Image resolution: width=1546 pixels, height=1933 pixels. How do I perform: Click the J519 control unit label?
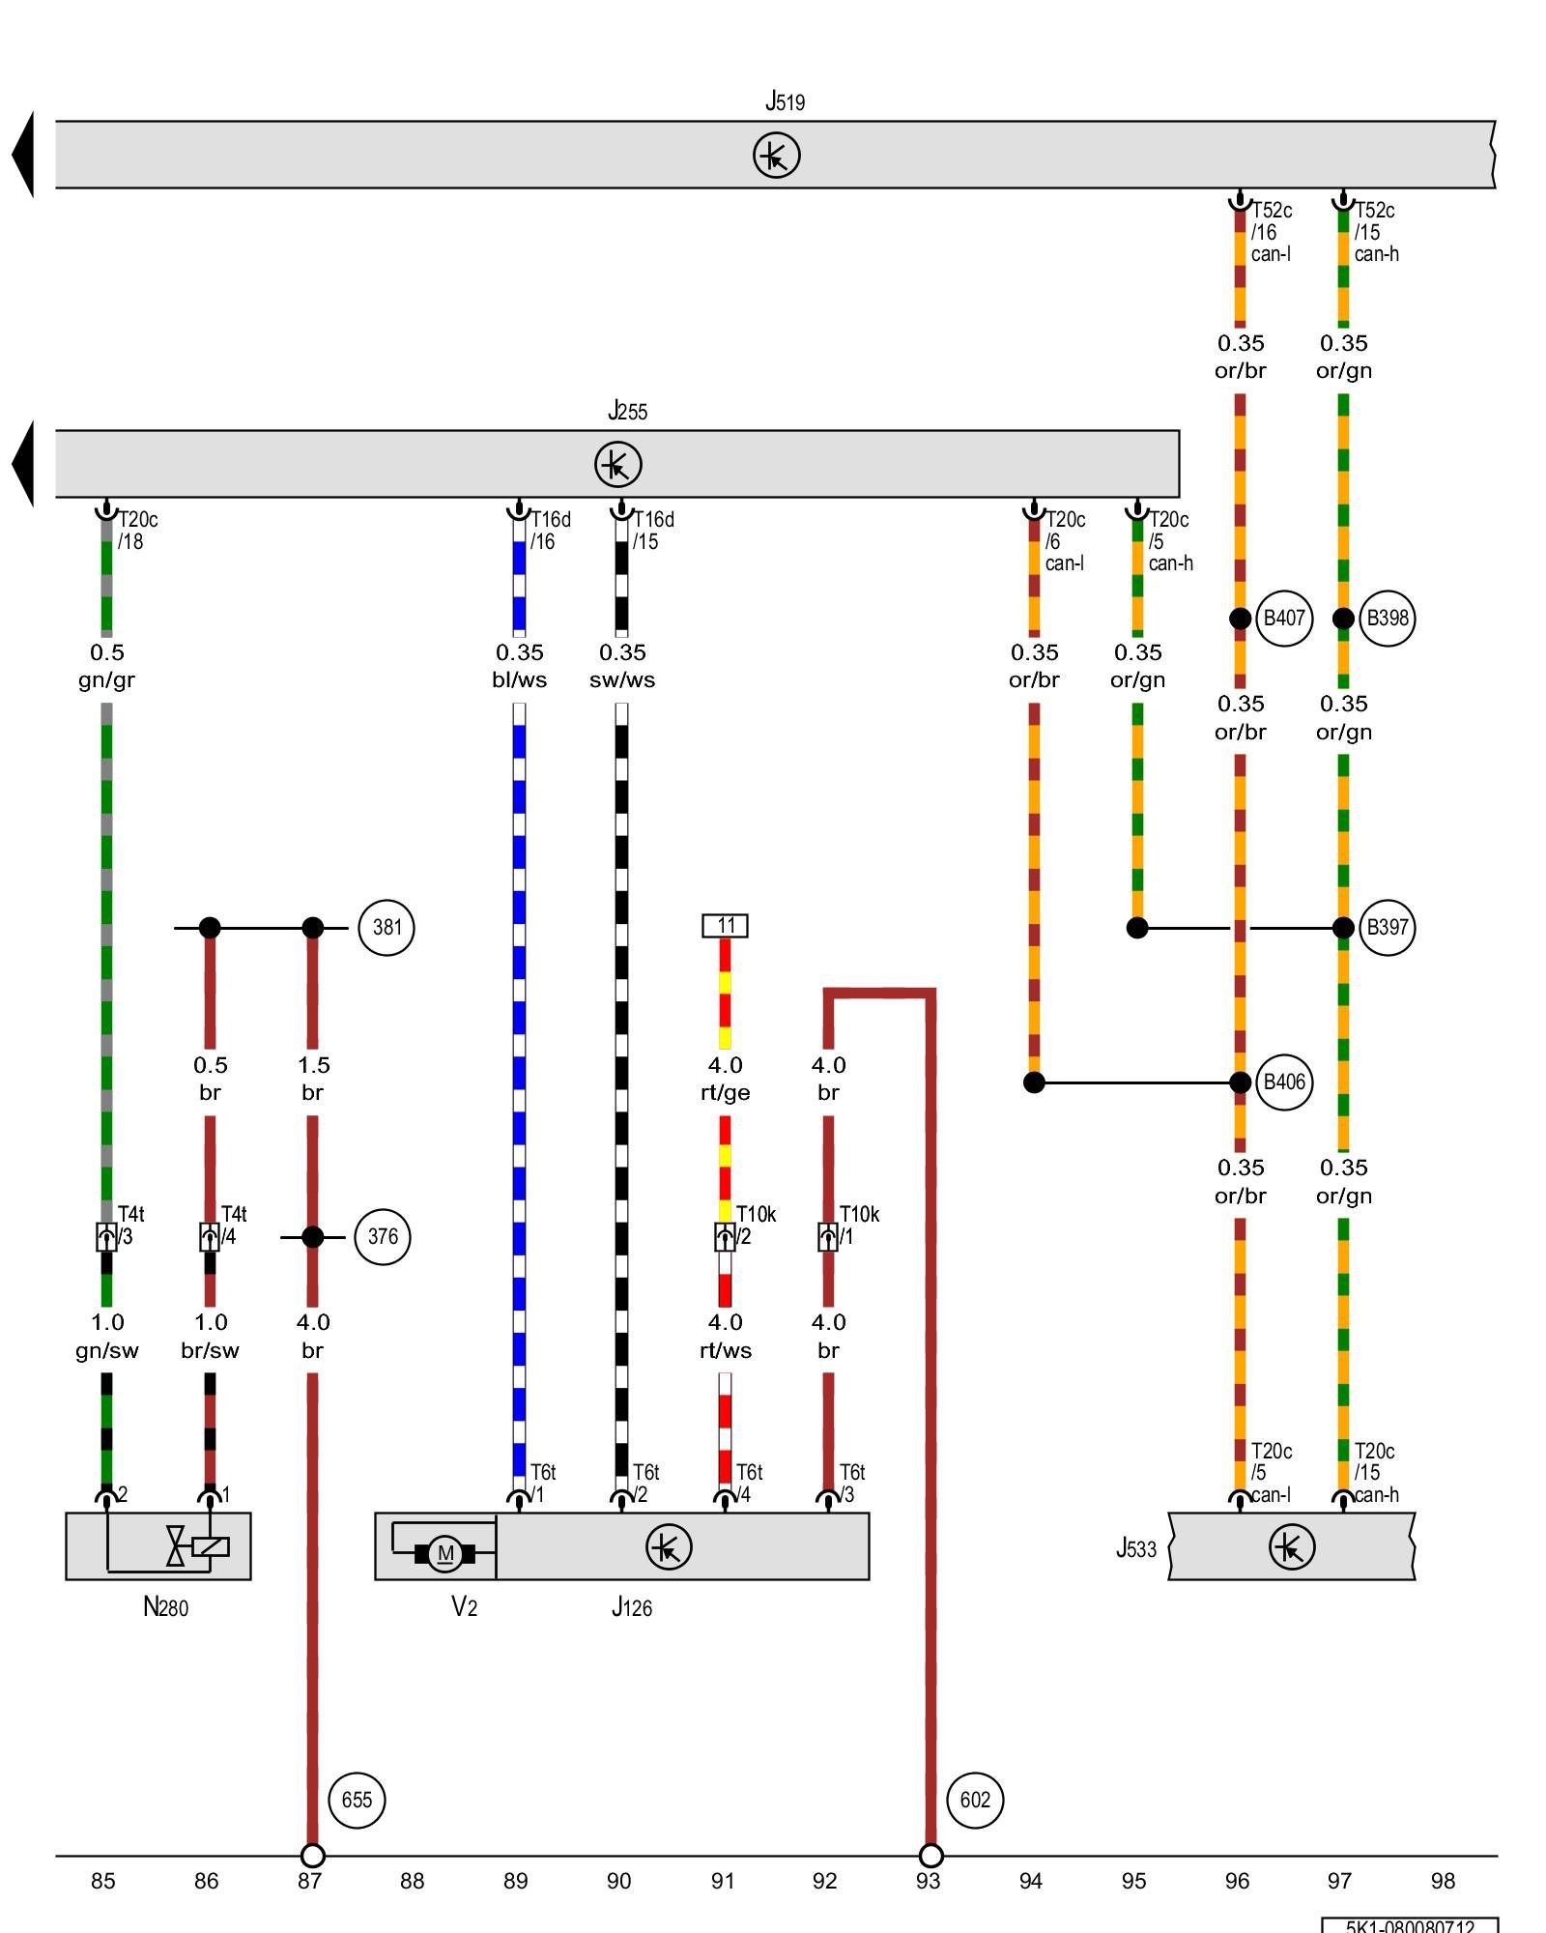coord(785,101)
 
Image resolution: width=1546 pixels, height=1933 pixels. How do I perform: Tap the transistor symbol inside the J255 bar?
coord(617,464)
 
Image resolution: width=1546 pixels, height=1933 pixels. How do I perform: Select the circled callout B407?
coord(1284,619)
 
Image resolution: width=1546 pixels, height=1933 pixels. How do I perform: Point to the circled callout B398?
coord(1387,619)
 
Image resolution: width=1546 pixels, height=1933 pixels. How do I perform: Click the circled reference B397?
coord(1387,928)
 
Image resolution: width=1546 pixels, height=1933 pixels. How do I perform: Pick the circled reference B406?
coord(1284,1082)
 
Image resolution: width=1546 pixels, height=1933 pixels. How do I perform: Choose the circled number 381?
coord(386,928)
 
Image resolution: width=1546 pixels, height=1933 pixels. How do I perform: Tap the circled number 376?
coord(383,1237)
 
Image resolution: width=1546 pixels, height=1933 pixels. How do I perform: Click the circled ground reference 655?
coord(357,1800)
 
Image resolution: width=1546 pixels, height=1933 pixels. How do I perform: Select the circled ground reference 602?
coord(975,1800)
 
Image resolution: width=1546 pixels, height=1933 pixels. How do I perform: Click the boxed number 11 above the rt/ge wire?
coord(725,926)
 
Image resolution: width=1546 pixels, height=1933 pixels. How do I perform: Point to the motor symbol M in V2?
coord(444,1553)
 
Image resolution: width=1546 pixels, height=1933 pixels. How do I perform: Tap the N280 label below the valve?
coord(165,1607)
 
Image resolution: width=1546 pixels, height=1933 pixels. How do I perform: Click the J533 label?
coord(1135,1549)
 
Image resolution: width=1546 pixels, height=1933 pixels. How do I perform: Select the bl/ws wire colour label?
coord(519,679)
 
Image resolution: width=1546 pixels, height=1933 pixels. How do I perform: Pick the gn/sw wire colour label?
coord(106,1350)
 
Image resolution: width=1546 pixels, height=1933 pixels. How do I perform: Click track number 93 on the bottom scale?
coord(928,1881)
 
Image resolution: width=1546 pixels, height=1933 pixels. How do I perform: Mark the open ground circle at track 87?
coord(312,1856)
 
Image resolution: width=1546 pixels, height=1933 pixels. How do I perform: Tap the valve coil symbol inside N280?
coord(210,1546)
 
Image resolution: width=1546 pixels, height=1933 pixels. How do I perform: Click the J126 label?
coord(631,1607)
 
